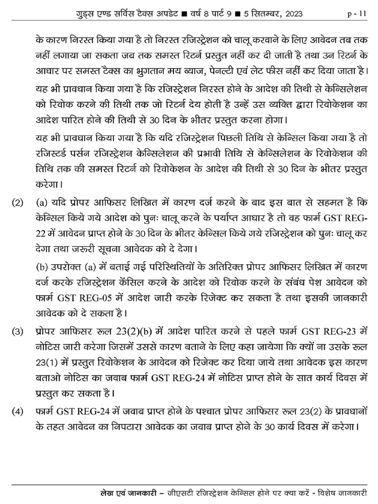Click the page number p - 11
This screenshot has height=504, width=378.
pos(356,14)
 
